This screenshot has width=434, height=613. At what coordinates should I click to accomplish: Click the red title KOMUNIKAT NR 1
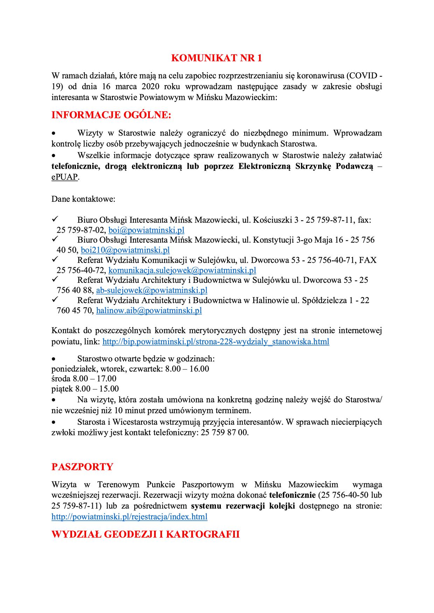[217, 58]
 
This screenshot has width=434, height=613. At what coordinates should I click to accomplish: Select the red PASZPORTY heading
[82, 467]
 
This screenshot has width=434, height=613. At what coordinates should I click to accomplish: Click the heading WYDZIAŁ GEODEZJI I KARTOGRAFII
[145, 534]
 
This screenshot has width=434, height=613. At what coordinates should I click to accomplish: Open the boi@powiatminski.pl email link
[146, 230]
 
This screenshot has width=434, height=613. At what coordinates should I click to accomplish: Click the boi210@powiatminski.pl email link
[125, 250]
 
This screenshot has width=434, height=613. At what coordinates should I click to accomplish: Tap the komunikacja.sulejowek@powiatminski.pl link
[182, 270]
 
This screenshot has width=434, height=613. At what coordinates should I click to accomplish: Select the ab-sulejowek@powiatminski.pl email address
[152, 290]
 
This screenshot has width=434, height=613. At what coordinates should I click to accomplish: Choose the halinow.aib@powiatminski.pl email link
[149, 310]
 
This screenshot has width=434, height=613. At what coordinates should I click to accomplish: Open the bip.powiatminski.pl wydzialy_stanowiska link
[216, 341]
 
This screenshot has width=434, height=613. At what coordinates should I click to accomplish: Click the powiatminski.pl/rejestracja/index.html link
[129, 517]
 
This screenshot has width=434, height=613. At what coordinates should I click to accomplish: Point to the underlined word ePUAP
[64, 177]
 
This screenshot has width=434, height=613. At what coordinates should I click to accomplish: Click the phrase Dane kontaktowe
[83, 199]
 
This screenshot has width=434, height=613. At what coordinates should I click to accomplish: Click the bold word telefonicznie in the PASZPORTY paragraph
[292, 495]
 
